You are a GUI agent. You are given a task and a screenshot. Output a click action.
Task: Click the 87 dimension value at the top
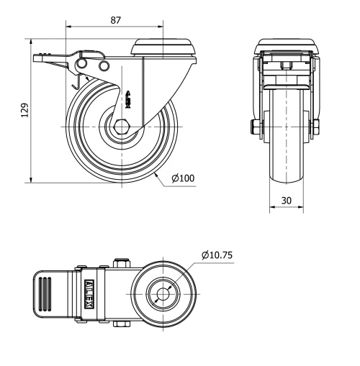[115, 19]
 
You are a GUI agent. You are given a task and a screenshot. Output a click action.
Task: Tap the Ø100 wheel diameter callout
[183, 178]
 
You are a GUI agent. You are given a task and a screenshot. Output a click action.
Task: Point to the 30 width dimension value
[287, 202]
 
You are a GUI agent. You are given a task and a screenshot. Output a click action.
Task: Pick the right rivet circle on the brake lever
[104, 66]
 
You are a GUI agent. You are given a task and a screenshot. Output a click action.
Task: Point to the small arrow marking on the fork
[129, 99]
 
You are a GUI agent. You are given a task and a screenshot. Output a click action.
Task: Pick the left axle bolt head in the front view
[256, 127]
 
